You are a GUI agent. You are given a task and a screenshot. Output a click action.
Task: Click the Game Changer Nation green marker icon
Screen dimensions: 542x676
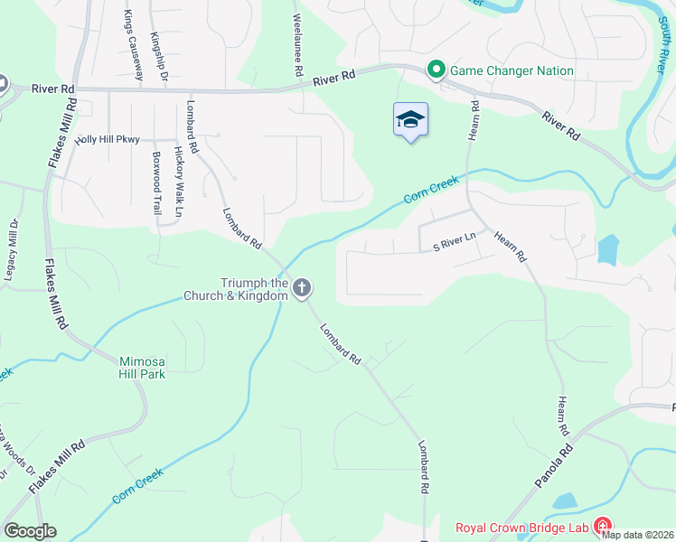click(436, 70)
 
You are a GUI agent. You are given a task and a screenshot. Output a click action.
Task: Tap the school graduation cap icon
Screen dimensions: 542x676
click(410, 120)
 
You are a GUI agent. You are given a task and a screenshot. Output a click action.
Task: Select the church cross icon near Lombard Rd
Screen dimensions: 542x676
click(302, 288)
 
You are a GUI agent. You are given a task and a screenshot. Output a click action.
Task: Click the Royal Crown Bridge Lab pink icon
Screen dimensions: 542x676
click(602, 528)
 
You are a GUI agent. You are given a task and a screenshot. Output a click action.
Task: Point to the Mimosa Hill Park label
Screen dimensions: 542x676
click(143, 367)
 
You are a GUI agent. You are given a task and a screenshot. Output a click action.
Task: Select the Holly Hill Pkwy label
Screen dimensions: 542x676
click(109, 139)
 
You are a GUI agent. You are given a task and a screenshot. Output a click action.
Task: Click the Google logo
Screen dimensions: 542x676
click(30, 531)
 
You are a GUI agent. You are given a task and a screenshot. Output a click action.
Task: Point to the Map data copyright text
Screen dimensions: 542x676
click(638, 535)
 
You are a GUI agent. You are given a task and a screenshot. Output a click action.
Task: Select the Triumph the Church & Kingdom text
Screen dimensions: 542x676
click(236, 289)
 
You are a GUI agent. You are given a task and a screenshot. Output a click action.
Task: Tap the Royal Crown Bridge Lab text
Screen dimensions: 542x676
click(521, 528)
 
